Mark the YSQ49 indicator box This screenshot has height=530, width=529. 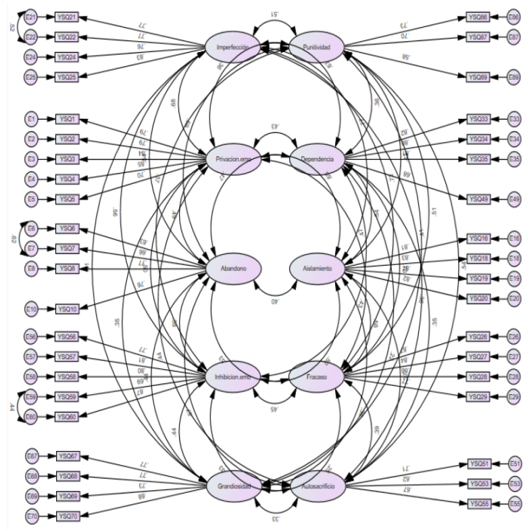[479, 199]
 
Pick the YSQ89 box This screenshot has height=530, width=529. [479, 77]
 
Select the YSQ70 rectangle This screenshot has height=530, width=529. [67, 516]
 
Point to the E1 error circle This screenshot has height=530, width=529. [30, 120]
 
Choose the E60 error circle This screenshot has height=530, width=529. [30, 416]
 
